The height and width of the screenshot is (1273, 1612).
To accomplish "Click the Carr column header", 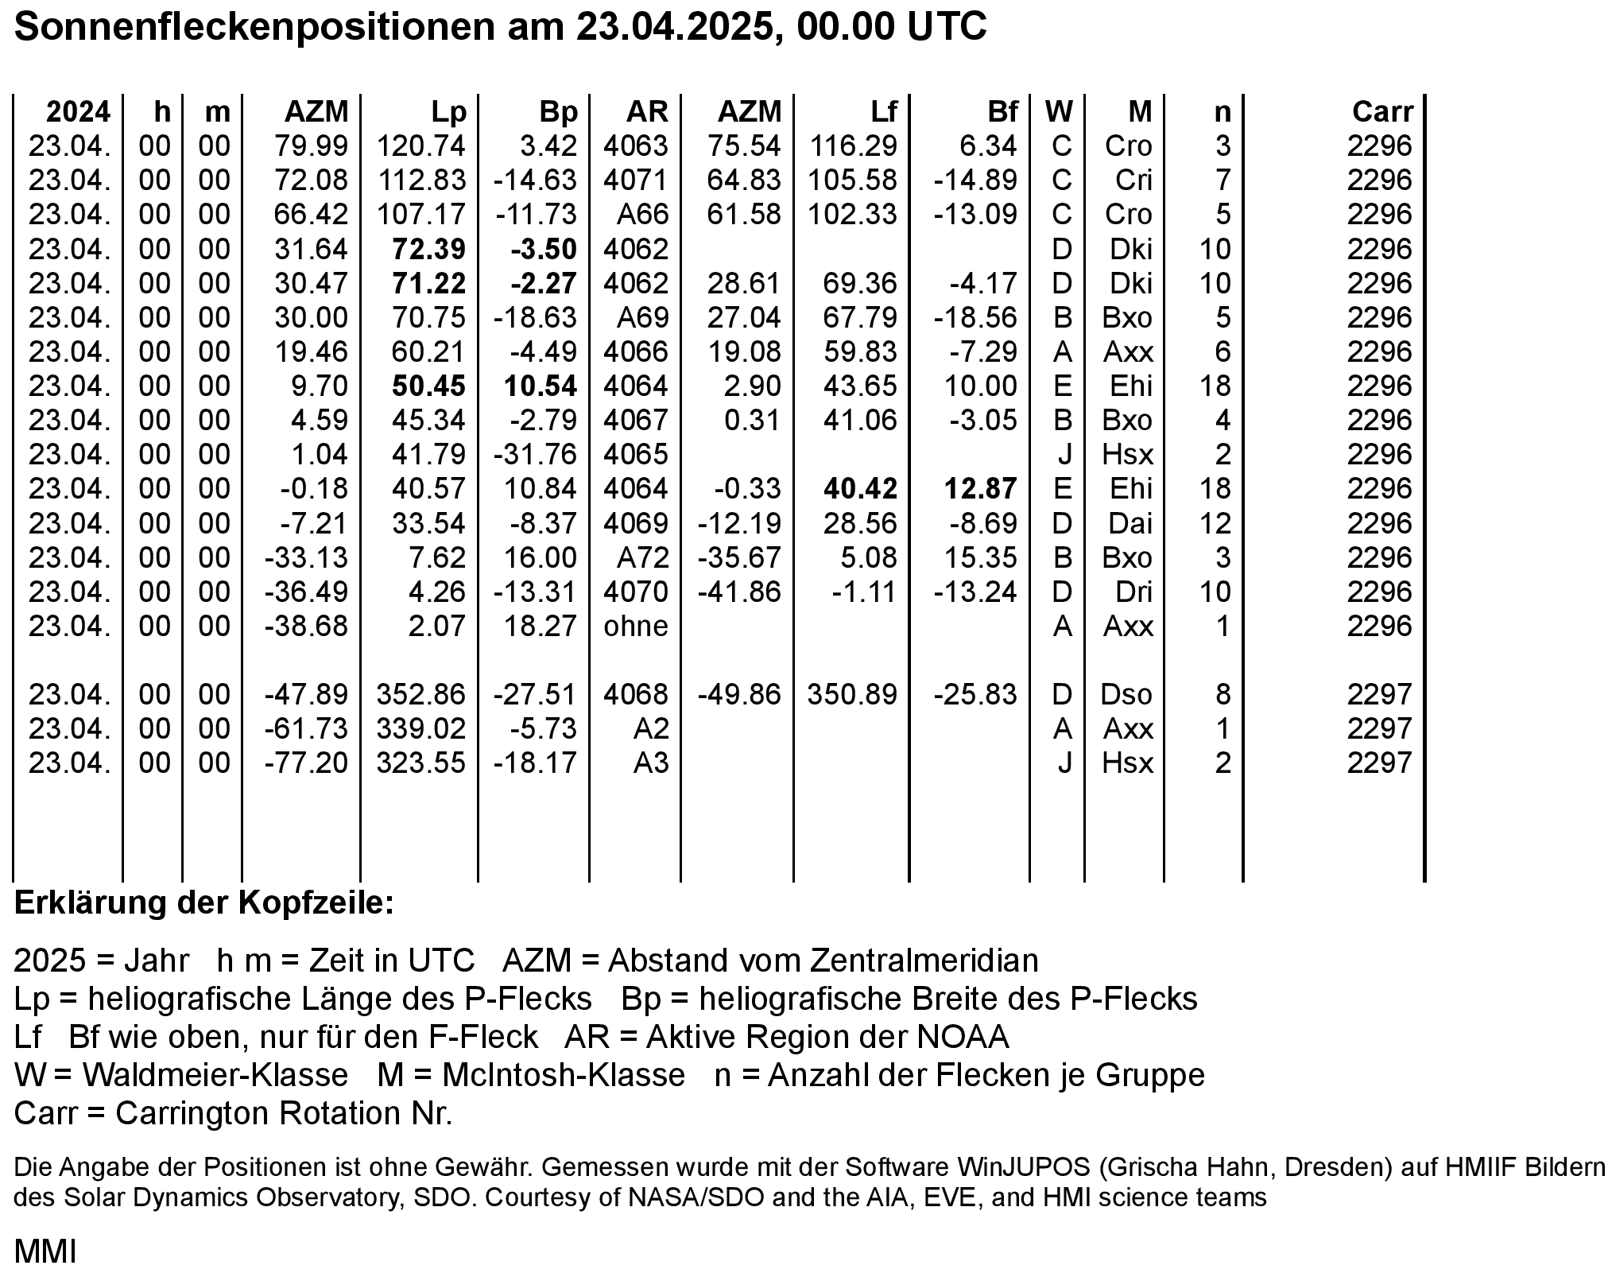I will (1382, 112).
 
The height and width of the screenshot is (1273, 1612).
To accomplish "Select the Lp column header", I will (448, 112).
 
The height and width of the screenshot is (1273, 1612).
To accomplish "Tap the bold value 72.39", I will (428, 250).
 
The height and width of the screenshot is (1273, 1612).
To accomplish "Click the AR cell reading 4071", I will (635, 180).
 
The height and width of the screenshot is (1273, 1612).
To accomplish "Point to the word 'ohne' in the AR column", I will (635, 627).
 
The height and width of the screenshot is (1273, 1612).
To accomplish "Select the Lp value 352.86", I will (420, 695).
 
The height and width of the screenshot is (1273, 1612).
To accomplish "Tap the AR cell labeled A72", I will (642, 558).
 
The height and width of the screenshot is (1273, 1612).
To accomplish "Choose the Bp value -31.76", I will (534, 455).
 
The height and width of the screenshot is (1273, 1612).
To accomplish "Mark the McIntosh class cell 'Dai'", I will (1130, 524).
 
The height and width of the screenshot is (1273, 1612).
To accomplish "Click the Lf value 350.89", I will (852, 695).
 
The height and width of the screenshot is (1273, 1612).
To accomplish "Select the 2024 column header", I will (78, 112).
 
